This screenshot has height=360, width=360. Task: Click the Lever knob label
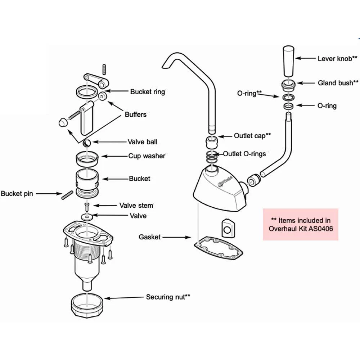click(x=337, y=58)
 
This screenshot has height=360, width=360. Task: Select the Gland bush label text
click(x=338, y=83)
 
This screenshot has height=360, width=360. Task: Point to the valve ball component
click(x=87, y=143)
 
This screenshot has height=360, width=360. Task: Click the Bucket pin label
click(x=17, y=194)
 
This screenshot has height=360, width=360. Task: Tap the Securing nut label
click(x=168, y=297)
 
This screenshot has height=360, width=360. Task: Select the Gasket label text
click(x=149, y=237)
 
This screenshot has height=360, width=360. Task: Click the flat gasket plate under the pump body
click(x=220, y=248)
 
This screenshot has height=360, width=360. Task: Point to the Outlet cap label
click(x=252, y=136)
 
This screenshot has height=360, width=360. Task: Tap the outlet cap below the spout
click(x=212, y=143)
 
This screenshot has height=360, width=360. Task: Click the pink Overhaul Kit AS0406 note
click(x=300, y=224)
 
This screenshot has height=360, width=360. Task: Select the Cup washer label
click(x=147, y=156)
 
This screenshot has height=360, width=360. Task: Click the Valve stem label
click(x=136, y=206)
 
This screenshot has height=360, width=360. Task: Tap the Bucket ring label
click(x=147, y=92)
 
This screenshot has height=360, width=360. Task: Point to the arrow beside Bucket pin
click(x=48, y=194)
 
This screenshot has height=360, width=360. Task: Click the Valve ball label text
click(x=143, y=142)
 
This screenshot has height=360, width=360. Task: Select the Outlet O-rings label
click(x=244, y=154)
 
